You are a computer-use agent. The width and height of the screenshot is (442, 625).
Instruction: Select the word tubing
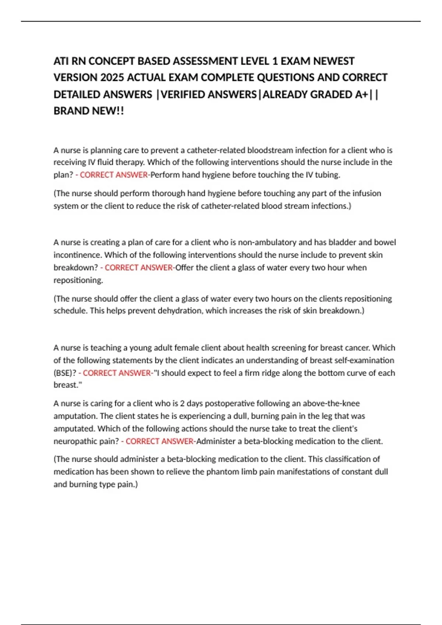327,175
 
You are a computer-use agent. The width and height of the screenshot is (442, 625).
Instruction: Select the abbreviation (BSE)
65,373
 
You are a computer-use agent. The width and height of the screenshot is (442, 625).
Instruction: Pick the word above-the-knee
331,404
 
